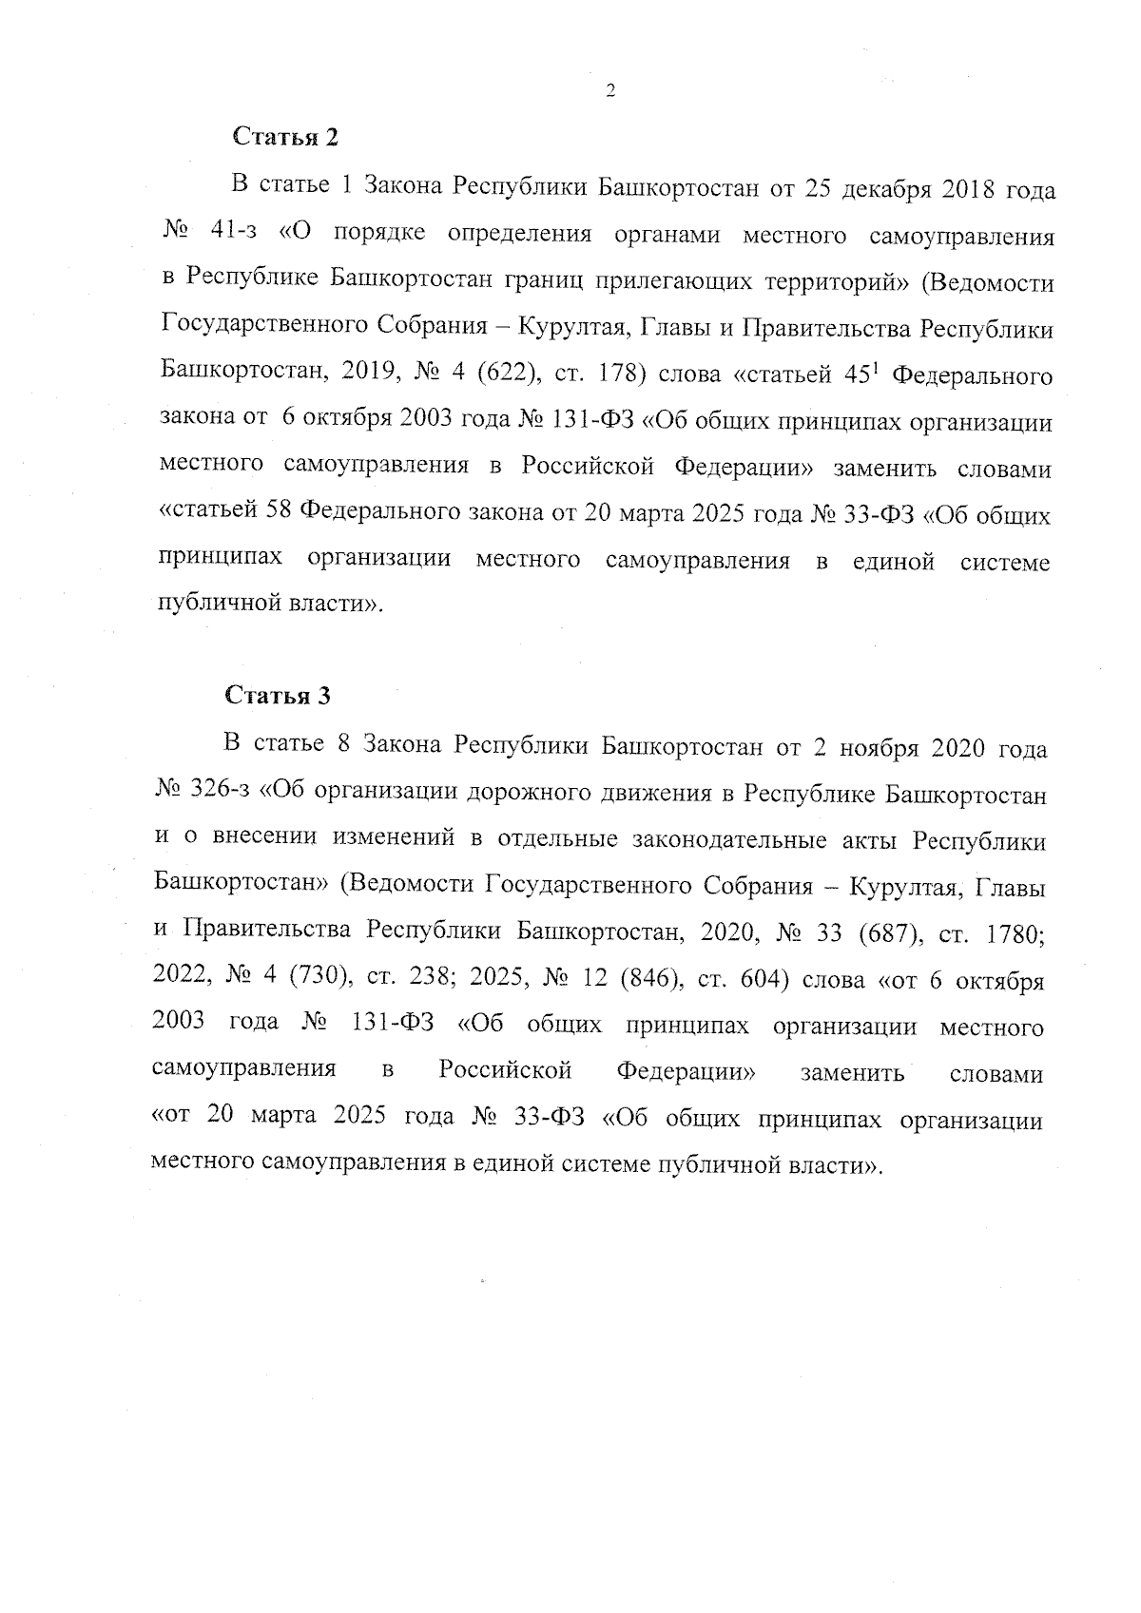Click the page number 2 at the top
pos(610,92)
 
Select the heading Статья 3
pos(278,696)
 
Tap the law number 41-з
pos(228,234)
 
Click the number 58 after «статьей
pos(278,515)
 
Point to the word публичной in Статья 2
pos(210,605)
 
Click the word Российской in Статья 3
pos(505,1072)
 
